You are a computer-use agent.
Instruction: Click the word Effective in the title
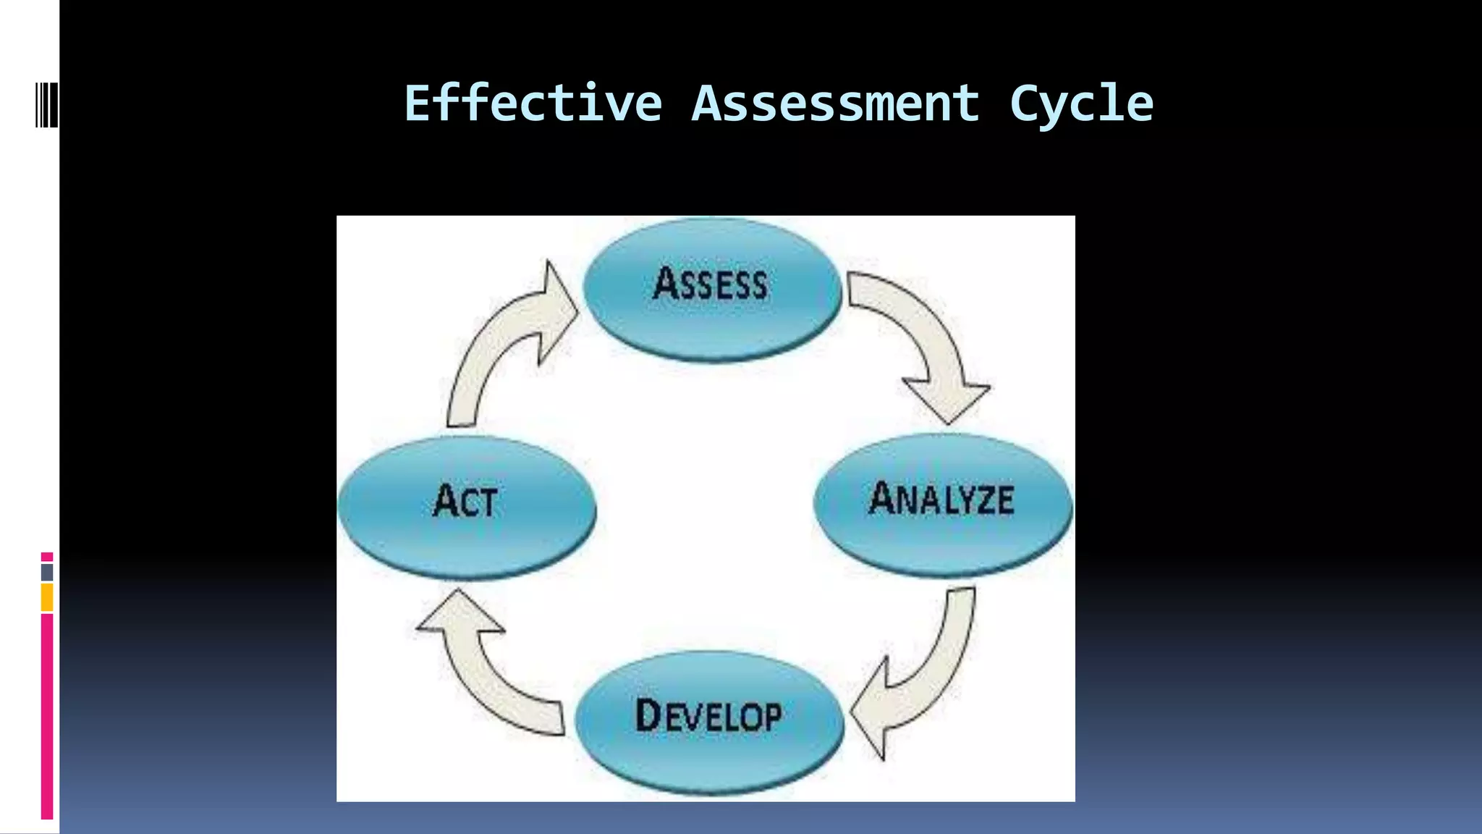[x=533, y=104]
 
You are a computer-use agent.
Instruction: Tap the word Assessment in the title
[x=835, y=104]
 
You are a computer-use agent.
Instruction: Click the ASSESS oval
[x=711, y=290]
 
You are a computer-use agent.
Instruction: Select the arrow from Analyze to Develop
[x=919, y=681]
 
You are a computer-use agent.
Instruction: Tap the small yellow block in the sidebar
[x=47, y=598]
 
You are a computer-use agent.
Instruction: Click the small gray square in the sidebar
[x=47, y=572]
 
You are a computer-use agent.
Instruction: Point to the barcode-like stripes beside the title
[x=46, y=106]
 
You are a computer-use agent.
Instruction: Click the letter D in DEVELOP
[x=648, y=715]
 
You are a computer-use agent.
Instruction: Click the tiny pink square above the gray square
[x=47, y=557]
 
